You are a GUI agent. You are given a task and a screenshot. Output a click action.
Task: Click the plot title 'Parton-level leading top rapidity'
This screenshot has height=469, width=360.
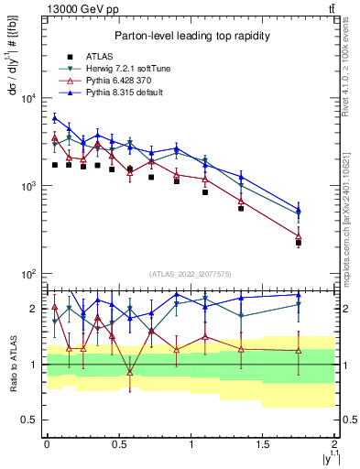tap(190, 36)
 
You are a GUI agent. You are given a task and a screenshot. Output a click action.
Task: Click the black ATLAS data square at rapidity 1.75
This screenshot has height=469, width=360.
tap(299, 243)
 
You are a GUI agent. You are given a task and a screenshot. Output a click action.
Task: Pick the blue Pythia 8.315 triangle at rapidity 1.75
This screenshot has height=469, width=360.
tap(299, 210)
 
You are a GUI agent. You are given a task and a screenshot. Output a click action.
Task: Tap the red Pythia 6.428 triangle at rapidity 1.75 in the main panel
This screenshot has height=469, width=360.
tap(299, 236)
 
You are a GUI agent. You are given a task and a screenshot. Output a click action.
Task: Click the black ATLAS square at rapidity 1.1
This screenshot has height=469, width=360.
tap(205, 192)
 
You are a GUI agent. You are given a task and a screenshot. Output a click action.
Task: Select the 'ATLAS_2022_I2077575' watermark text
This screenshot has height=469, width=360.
tap(190, 274)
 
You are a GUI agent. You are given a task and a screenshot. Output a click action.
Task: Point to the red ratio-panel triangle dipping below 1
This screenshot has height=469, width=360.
tap(130, 372)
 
